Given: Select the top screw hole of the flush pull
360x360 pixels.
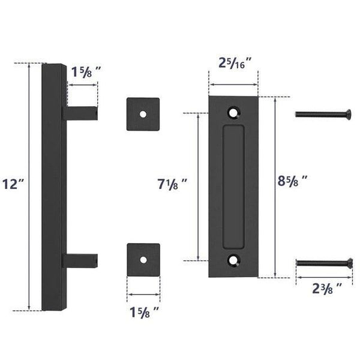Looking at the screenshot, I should [x=233, y=111].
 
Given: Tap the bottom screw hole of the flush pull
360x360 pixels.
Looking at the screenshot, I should [x=233, y=261].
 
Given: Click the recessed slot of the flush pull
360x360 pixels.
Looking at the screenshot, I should [x=233, y=186].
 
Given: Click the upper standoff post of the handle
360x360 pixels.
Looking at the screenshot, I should [x=79, y=112].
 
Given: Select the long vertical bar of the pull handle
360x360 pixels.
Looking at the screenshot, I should [x=52, y=186].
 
